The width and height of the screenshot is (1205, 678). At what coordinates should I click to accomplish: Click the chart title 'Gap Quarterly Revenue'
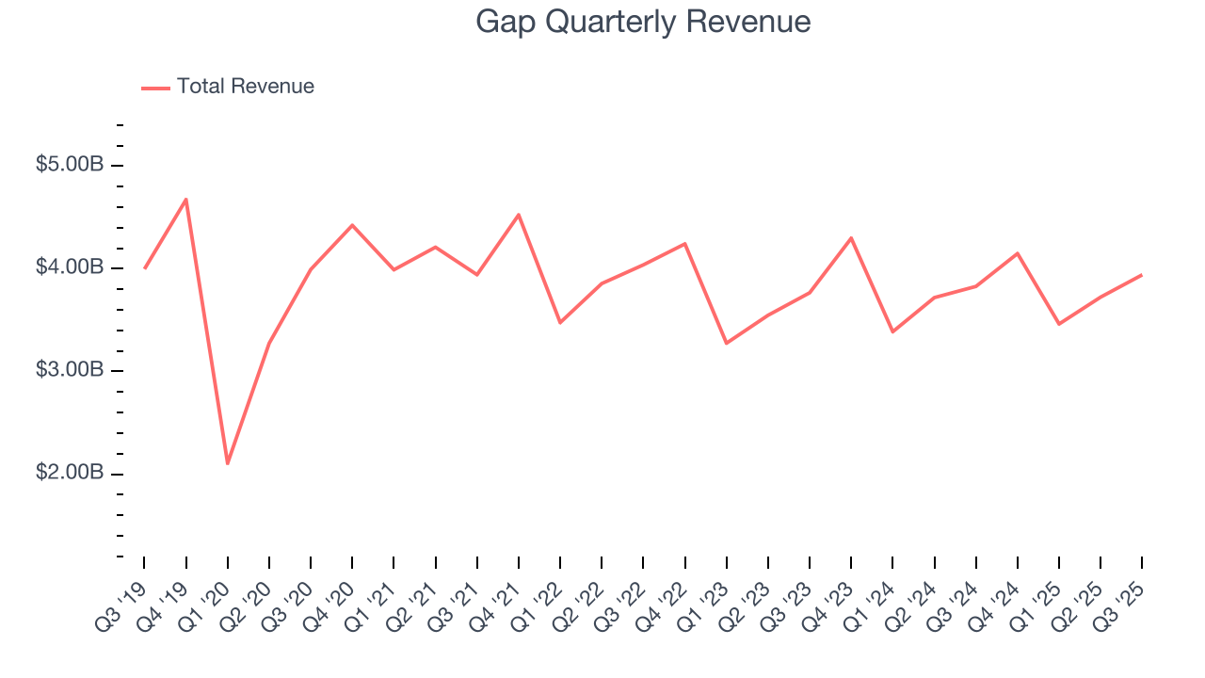pos(643,22)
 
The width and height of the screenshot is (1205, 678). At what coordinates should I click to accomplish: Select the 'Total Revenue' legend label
pos(245,87)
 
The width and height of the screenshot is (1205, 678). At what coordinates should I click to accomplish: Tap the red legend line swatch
pos(155,88)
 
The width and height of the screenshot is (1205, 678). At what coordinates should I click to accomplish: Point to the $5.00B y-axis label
pos(69,165)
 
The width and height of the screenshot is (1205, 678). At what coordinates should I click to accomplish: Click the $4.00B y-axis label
pos(69,267)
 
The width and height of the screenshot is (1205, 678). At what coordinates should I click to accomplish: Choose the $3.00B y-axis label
pos(69,370)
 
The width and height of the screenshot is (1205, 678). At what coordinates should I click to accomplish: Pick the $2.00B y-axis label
pos(69,473)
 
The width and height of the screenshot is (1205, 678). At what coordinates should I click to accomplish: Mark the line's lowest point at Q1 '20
pos(228,463)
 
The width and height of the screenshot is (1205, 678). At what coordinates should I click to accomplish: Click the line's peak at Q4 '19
pos(186,199)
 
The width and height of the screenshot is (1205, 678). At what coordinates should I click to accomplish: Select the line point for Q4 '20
pos(352,225)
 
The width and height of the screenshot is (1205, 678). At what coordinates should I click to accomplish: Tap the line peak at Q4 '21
pos(519,215)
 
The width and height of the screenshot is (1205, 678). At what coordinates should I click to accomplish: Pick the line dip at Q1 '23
pos(727,343)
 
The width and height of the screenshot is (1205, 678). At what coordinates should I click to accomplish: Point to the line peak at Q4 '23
pos(851,237)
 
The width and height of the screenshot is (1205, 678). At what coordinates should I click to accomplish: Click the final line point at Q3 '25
pos(1142,275)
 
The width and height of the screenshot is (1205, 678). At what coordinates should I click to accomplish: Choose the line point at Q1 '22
pos(560,323)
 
